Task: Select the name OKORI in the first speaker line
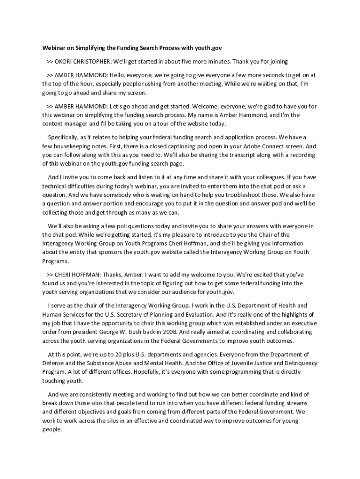65,61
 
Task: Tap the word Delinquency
298,363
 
